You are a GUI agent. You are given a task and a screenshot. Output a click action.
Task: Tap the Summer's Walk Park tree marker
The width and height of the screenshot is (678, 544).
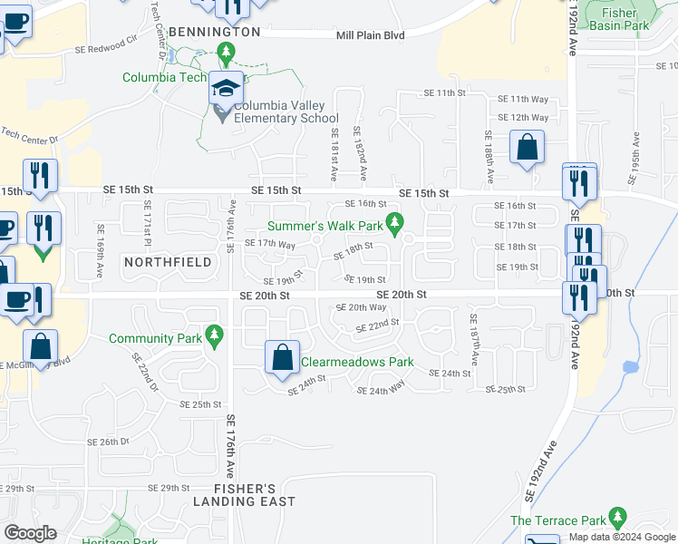pyautogui.click(x=394, y=222)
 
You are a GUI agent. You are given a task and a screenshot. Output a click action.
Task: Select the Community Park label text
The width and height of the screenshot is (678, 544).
pyautogui.click(x=155, y=339)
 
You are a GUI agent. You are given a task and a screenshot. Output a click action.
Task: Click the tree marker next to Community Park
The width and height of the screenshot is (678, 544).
pyautogui.click(x=214, y=336)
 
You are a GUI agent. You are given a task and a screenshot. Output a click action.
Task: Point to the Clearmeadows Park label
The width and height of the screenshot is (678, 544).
pyautogui.click(x=356, y=362)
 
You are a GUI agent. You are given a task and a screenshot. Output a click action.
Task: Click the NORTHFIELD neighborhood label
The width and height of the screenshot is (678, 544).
pyautogui.click(x=168, y=262)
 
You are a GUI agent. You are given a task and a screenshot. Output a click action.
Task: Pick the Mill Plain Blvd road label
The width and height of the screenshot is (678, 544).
pyautogui.click(x=370, y=34)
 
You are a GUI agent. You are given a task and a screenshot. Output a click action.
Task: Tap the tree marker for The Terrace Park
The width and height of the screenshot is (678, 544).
pyautogui.click(x=617, y=519)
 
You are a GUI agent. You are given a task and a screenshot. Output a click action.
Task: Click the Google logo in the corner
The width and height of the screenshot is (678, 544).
pyautogui.click(x=30, y=533)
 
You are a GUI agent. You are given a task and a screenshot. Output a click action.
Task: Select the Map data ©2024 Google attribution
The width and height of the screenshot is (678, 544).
pyautogui.click(x=622, y=538)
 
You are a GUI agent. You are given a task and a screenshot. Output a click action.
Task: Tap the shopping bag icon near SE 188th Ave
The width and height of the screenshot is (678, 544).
pyautogui.click(x=527, y=148)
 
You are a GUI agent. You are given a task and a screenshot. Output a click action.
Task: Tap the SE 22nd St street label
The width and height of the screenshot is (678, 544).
pyautogui.click(x=376, y=325)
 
